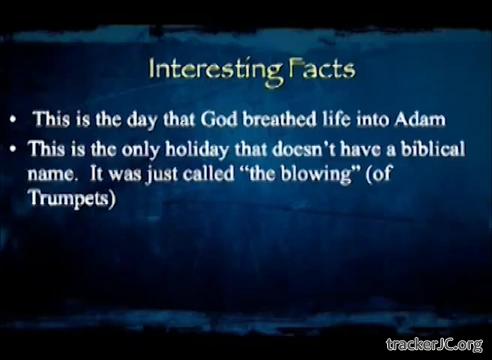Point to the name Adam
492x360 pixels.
(420, 119)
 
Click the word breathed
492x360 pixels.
(279, 119)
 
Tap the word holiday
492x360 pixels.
(197, 149)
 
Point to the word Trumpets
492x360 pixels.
(73, 198)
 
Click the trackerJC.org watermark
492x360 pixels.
(434, 345)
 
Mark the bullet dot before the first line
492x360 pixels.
(13, 120)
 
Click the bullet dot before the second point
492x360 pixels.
(13, 150)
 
